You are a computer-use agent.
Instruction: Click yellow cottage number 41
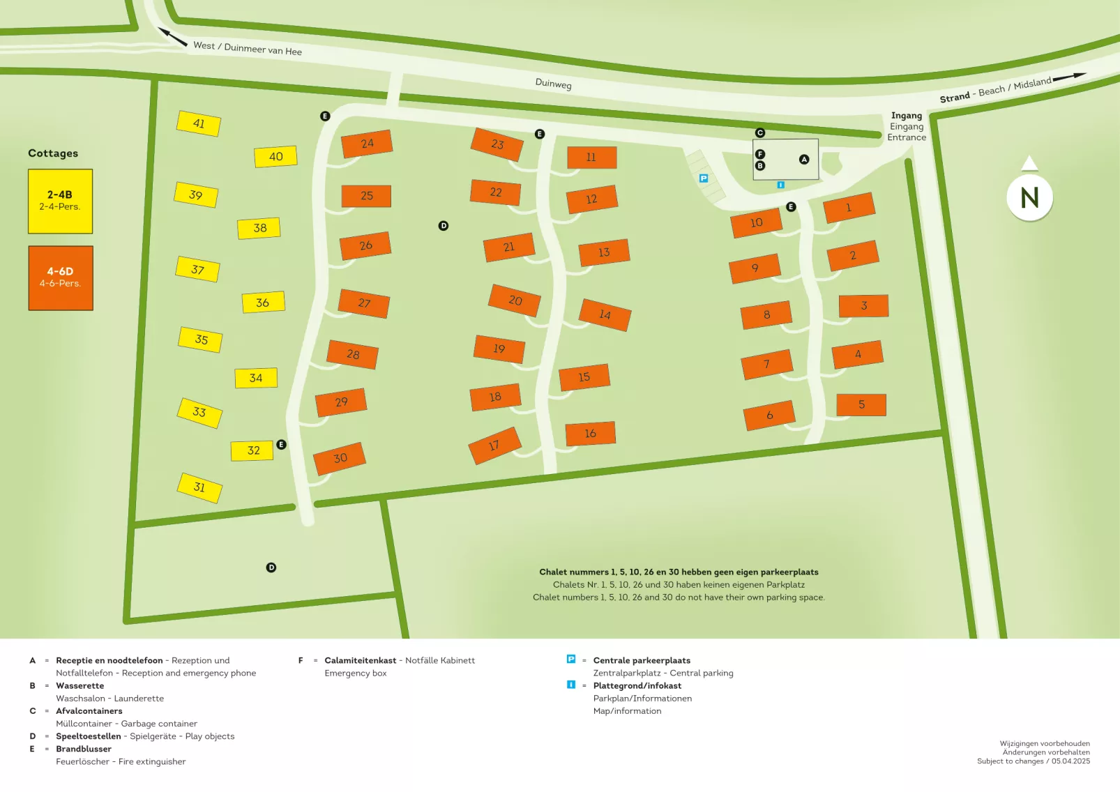pyautogui.click(x=199, y=123)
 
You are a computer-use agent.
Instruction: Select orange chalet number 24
pyautogui.click(x=367, y=144)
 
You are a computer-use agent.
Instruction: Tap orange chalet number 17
pyautogui.click(x=494, y=445)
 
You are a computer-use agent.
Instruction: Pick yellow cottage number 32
pyautogui.click(x=252, y=450)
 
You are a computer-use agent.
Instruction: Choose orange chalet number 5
pyautogui.click(x=861, y=404)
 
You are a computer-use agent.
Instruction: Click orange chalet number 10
pyautogui.click(x=756, y=223)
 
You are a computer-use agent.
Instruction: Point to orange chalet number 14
pyautogui.click(x=605, y=314)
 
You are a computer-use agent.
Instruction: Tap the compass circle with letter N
pyautogui.click(x=1029, y=198)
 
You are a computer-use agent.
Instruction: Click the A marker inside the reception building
pyautogui.click(x=804, y=160)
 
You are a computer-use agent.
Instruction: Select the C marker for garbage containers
pyautogui.click(x=760, y=132)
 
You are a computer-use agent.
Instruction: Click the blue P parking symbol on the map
pyautogui.click(x=704, y=178)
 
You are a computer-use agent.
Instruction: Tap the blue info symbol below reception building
pyautogui.click(x=781, y=185)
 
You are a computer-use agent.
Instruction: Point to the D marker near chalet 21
pyautogui.click(x=444, y=226)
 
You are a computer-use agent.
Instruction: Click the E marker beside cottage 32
pyautogui.click(x=282, y=445)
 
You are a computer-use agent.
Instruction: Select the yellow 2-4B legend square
pyautogui.click(x=60, y=201)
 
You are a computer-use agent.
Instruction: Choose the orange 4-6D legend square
pyautogui.click(x=61, y=278)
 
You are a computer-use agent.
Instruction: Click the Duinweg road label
pyautogui.click(x=553, y=84)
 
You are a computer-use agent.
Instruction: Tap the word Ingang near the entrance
pyautogui.click(x=907, y=116)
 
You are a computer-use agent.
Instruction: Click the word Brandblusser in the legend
pyautogui.click(x=84, y=749)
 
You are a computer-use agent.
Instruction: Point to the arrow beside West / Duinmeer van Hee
pyautogui.click(x=172, y=37)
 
